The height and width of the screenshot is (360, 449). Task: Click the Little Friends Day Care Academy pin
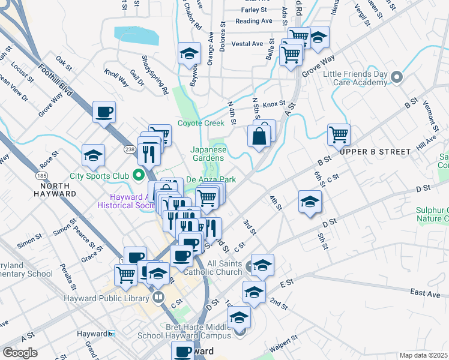(396, 77)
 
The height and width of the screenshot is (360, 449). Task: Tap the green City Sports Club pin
(139, 176)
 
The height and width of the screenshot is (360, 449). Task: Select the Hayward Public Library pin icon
(158, 297)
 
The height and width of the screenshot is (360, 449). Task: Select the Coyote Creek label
(200, 124)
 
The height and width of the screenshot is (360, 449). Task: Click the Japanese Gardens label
(208, 154)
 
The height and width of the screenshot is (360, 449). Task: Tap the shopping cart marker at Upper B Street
(339, 134)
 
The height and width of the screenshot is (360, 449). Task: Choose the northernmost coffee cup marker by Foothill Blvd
(104, 112)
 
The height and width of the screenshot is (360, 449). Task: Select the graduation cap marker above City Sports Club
(93, 155)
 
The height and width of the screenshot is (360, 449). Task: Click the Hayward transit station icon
(112, 333)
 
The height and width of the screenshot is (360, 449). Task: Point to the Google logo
(20, 352)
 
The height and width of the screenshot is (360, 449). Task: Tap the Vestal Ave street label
(247, 44)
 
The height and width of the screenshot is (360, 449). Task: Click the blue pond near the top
(137, 35)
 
